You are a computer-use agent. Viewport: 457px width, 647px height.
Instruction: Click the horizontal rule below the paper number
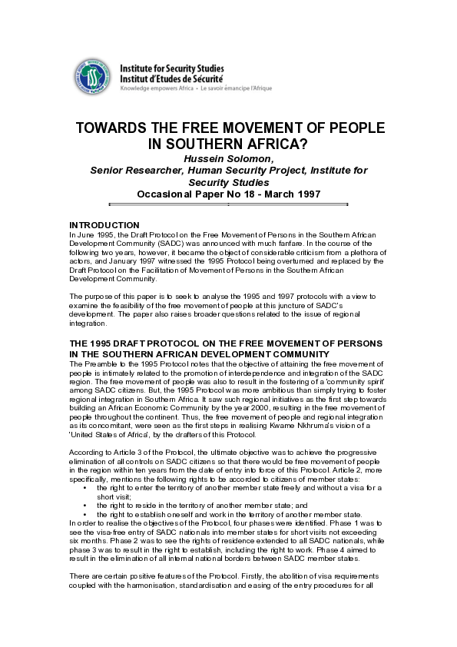228,204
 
